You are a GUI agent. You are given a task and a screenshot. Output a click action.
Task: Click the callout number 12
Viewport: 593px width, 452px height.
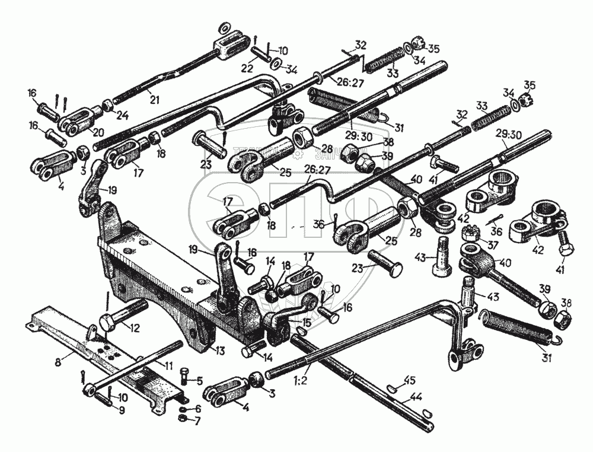point(135,327)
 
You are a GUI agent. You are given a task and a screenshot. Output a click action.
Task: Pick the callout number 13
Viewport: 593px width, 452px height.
point(220,351)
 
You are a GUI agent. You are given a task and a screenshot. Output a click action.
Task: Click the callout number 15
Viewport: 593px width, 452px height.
point(306,322)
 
